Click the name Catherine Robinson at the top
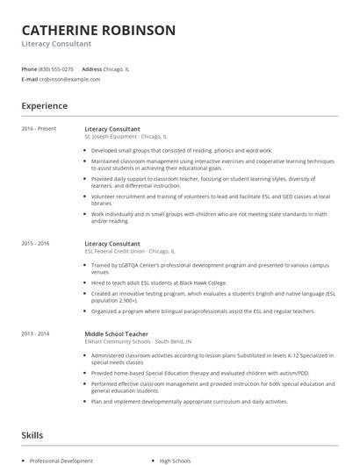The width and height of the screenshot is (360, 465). pos(98,30)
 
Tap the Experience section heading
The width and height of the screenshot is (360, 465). pos(45,106)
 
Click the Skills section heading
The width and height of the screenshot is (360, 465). pos(33,434)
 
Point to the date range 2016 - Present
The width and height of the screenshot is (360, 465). pos(40,129)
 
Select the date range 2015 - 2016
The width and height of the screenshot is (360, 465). pos(36,242)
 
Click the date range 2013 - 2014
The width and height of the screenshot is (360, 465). pos(36,333)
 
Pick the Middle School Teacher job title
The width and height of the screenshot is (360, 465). pos(117,333)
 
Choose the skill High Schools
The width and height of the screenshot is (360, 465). pos(175,460)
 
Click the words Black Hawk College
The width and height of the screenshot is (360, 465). pos(206,282)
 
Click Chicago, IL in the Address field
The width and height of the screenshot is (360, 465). pos(117,68)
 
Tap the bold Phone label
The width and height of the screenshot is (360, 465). pos(29,68)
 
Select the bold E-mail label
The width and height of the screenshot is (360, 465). pos(30,79)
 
